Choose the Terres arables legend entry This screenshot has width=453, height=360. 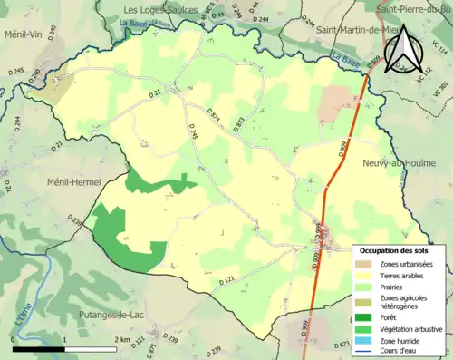click(404, 275)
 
